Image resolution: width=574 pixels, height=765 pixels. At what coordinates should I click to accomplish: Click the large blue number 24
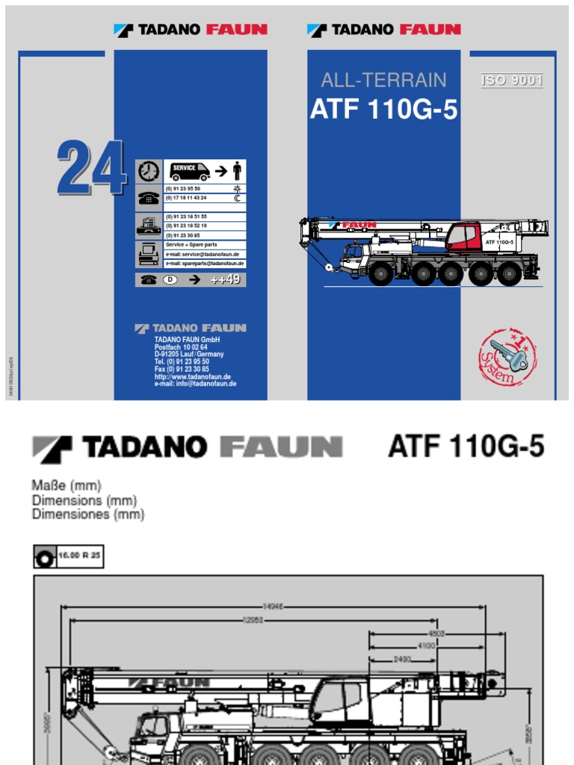[x=91, y=168]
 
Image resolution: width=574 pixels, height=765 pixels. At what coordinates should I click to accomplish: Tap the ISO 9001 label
[x=512, y=81]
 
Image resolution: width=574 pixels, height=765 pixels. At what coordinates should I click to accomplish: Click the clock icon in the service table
[x=148, y=171]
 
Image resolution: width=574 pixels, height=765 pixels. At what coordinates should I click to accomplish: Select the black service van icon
[x=189, y=172]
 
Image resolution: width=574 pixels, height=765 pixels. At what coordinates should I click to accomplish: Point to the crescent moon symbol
[x=238, y=198]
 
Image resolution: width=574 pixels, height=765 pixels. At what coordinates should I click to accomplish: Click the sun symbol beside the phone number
[x=238, y=189]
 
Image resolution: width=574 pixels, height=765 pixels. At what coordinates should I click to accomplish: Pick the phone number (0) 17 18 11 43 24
[x=186, y=198]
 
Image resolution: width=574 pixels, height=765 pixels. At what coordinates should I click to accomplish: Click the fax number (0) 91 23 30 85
[x=183, y=235]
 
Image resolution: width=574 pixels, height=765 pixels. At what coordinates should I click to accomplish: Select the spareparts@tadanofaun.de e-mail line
[x=205, y=264]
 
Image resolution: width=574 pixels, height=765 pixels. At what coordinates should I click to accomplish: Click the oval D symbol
[x=170, y=279]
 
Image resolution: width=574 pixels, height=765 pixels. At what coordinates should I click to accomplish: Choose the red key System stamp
[x=507, y=358]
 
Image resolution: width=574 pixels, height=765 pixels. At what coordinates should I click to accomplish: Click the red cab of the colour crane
[x=463, y=237]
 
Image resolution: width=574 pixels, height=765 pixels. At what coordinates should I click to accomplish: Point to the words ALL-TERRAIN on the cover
[x=383, y=80]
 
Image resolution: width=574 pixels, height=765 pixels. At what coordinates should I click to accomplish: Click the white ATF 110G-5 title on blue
[x=383, y=110]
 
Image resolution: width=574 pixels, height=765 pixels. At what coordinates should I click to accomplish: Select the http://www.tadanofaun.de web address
[x=193, y=377]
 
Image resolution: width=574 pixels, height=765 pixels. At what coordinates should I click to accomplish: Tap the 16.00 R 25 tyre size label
[x=78, y=556]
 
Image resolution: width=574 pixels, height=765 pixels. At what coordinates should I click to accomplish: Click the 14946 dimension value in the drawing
[x=274, y=606]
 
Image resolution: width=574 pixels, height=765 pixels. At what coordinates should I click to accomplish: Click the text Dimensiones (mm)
[x=88, y=515]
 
